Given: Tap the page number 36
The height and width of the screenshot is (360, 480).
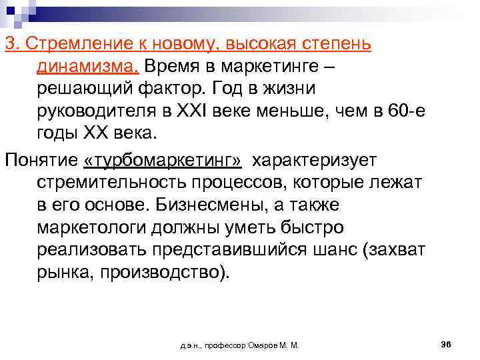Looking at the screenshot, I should pyautogui.click(x=447, y=344).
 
